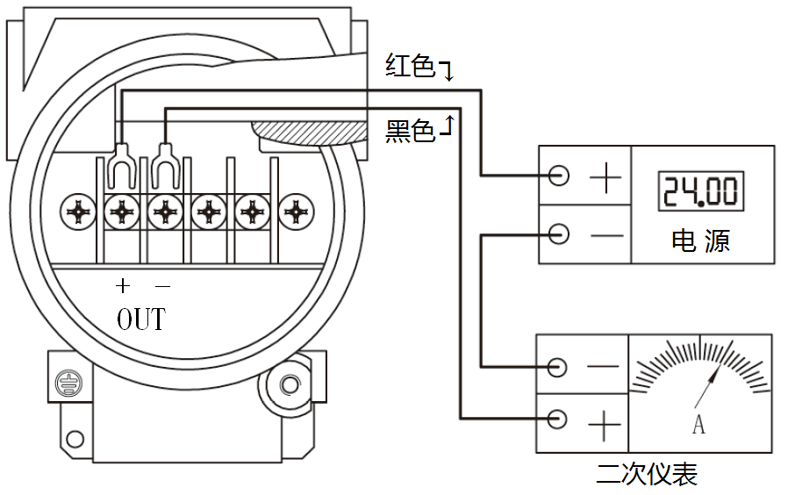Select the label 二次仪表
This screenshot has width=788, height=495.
point(647,475)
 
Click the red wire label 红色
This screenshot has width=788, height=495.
point(411,66)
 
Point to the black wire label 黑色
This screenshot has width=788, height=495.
point(411,132)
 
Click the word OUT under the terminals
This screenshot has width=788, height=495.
point(140,318)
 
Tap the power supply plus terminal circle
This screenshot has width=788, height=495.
point(558,176)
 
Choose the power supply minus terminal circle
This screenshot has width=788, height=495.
point(558,234)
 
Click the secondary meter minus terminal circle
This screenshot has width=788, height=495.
point(556,367)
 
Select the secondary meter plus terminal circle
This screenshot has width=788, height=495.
point(556,419)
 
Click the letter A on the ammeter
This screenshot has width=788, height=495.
point(698,426)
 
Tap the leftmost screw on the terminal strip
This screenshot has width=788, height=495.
point(79,212)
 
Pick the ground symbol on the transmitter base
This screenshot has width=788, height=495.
point(67,383)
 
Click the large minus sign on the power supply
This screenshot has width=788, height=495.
point(605,235)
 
